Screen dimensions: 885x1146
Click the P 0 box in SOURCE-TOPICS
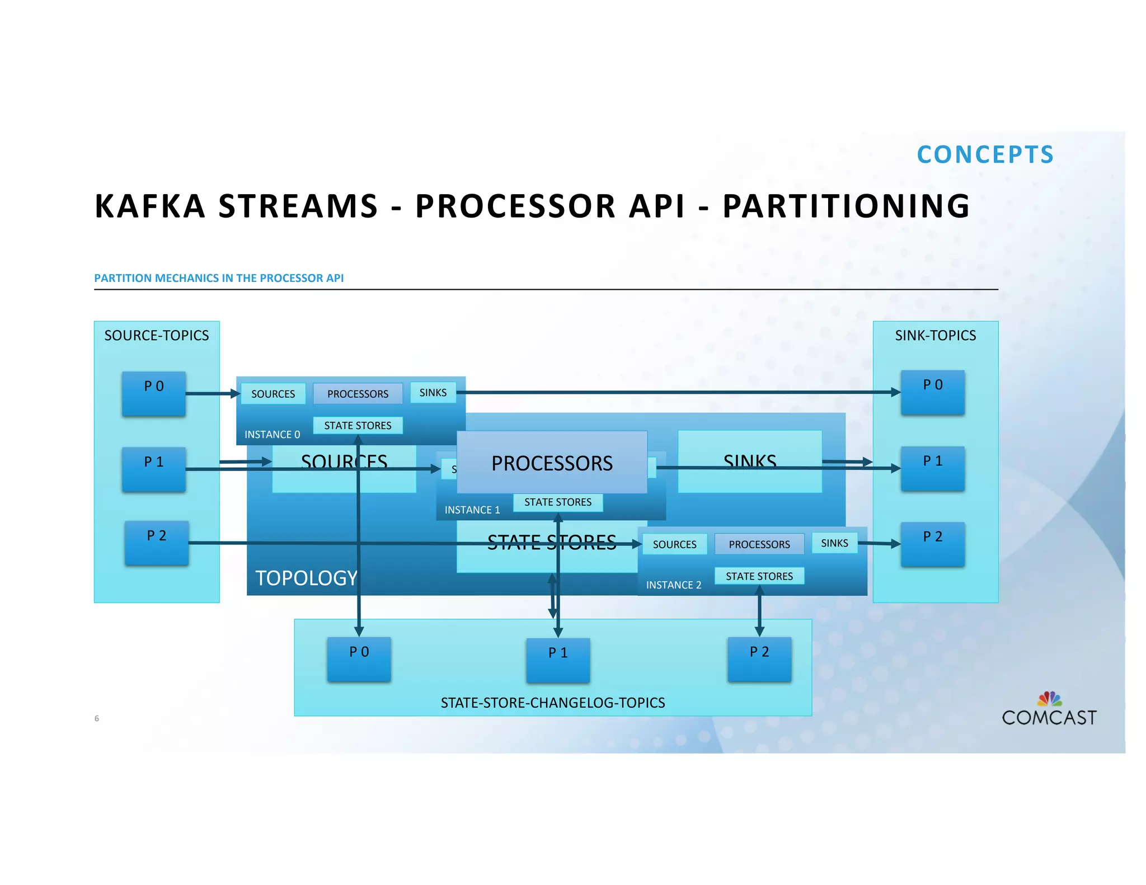154,393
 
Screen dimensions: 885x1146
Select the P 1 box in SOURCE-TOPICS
154,469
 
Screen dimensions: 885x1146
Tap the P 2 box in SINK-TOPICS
932,544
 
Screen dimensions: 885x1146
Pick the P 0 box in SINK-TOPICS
932,392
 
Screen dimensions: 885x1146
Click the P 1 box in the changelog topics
558,660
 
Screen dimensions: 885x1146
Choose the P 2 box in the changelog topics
759,658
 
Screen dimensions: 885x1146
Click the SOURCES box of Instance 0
273,394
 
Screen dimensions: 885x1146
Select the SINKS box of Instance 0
433,393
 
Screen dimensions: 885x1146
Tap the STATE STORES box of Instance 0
358,426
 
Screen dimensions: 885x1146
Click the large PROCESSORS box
552,463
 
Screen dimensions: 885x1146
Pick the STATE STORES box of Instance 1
558,502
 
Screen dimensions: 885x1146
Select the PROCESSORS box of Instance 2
759,544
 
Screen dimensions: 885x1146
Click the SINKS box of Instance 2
834,543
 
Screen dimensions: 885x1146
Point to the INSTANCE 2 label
674,585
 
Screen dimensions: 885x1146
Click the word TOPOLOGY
306,578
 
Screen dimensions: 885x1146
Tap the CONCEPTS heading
985,155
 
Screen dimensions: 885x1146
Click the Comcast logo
1049,710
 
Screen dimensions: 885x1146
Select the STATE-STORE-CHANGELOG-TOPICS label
553,703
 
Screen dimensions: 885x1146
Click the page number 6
97,718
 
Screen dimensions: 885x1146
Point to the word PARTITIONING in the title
846,206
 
